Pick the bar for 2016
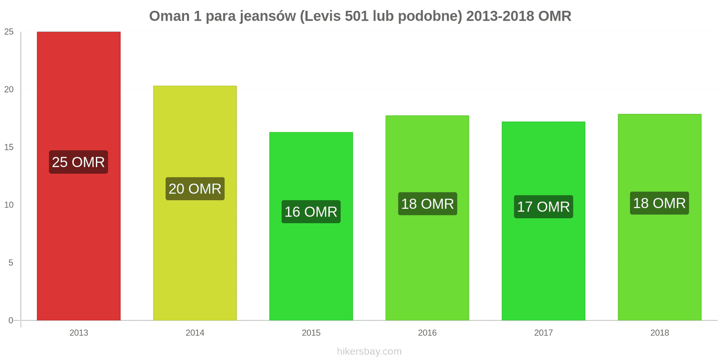tap(427, 261)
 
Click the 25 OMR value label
tap(78, 162)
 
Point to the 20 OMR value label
tap(195, 189)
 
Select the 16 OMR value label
tap(311, 211)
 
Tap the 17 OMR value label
tap(543, 207)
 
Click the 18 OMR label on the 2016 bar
tap(427, 204)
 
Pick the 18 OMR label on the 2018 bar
tap(659, 203)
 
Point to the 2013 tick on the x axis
tap(79, 333)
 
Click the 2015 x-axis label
tap(311, 333)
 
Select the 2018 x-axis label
tap(659, 333)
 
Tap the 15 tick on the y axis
tap(9, 147)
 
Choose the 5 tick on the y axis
tap(11, 263)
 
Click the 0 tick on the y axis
tap(11, 320)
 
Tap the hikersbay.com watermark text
tap(369, 351)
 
